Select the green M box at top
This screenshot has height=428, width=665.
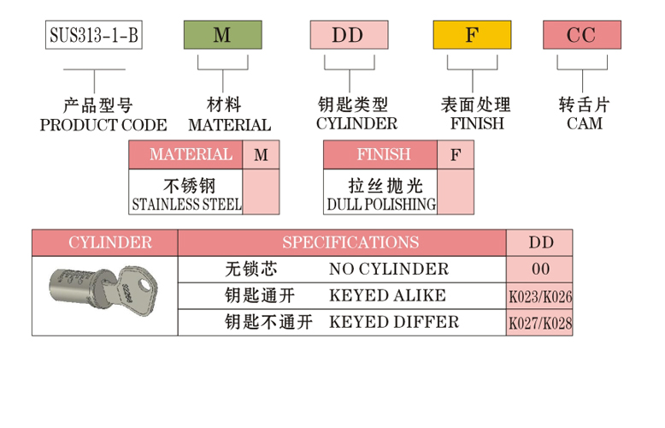pyautogui.click(x=222, y=34)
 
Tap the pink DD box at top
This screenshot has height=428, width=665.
pyautogui.click(x=348, y=34)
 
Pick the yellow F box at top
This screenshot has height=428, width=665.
pyautogui.click(x=472, y=34)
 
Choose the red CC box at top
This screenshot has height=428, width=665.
pyautogui.click(x=581, y=34)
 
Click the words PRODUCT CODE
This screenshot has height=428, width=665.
pyautogui.click(x=103, y=124)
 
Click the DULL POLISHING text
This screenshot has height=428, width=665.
pyautogui.click(x=381, y=205)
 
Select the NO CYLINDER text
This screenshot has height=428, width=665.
pyautogui.click(x=389, y=269)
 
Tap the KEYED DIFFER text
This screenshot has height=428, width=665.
pyautogui.click(x=394, y=322)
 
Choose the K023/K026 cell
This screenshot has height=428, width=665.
pyautogui.click(x=540, y=297)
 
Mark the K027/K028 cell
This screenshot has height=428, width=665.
pyautogui.click(x=540, y=324)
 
